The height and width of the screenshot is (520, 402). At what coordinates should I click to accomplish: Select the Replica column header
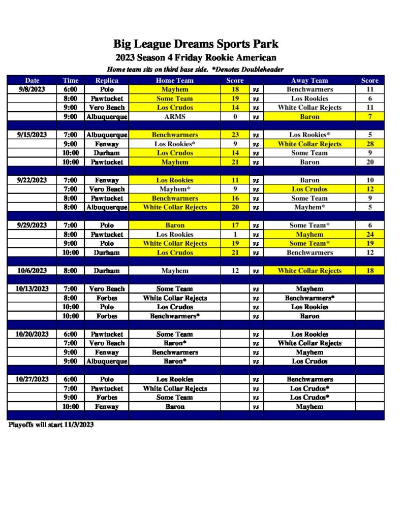(x=107, y=80)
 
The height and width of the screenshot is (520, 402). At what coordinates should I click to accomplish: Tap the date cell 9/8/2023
(x=32, y=89)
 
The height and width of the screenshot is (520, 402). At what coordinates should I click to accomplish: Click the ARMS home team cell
(x=174, y=117)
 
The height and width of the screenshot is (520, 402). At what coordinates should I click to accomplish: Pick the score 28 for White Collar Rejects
(x=369, y=144)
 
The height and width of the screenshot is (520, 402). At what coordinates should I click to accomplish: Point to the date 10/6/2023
(x=32, y=271)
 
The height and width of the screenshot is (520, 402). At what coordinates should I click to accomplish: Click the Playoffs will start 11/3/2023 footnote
(x=51, y=425)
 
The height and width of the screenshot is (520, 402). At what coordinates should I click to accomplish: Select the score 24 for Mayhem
(x=369, y=235)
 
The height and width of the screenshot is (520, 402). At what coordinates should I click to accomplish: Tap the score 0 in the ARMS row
(x=235, y=117)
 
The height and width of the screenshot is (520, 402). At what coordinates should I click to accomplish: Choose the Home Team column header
(x=174, y=80)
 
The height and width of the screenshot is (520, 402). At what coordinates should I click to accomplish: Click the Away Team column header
(x=310, y=80)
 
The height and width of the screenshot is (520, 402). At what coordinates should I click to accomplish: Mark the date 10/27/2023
(x=32, y=379)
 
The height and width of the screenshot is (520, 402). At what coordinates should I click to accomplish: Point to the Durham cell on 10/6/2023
(x=107, y=271)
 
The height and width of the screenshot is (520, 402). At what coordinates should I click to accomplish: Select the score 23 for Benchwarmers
(x=235, y=135)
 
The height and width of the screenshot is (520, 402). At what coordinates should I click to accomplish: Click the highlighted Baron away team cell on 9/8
(x=310, y=117)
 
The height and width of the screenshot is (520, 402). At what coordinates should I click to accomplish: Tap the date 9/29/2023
(x=32, y=225)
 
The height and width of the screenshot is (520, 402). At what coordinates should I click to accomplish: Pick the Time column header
(x=71, y=80)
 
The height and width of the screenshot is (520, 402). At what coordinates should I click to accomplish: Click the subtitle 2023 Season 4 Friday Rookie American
(x=196, y=58)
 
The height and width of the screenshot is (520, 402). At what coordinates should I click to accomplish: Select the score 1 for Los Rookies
(x=235, y=235)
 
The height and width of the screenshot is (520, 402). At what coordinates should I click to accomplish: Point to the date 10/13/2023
(x=32, y=289)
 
